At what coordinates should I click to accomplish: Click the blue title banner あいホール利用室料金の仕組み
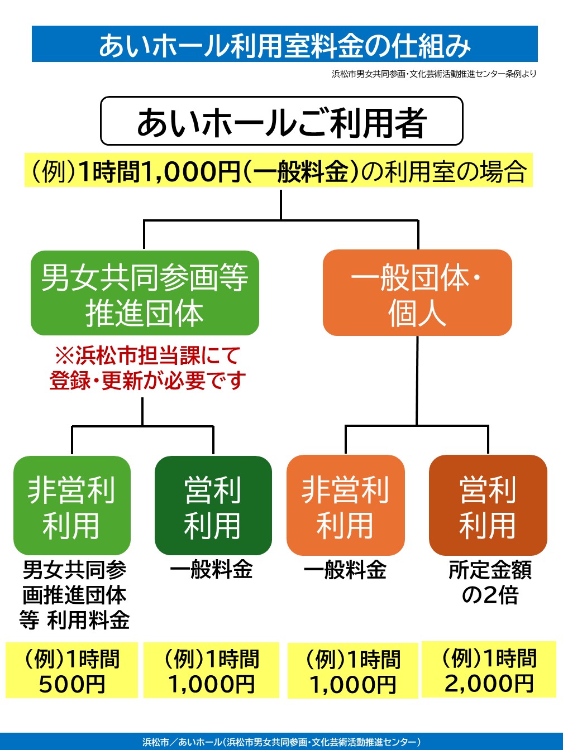(x=284, y=44)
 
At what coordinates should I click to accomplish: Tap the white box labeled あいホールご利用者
(x=281, y=121)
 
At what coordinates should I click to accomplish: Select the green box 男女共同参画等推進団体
(x=145, y=294)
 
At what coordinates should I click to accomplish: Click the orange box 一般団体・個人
(x=417, y=293)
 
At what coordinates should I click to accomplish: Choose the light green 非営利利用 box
(x=72, y=506)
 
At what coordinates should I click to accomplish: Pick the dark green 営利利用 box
(x=213, y=506)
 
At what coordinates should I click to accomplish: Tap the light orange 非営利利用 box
(x=345, y=506)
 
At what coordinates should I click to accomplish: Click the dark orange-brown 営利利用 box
(x=488, y=506)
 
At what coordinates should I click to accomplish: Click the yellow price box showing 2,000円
(x=489, y=670)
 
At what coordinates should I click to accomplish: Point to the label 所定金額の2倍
(x=490, y=583)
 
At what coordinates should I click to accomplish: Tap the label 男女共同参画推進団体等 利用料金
(x=74, y=595)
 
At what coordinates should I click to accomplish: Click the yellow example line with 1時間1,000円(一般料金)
(x=279, y=171)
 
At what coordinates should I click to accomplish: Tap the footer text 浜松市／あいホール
(x=281, y=742)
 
